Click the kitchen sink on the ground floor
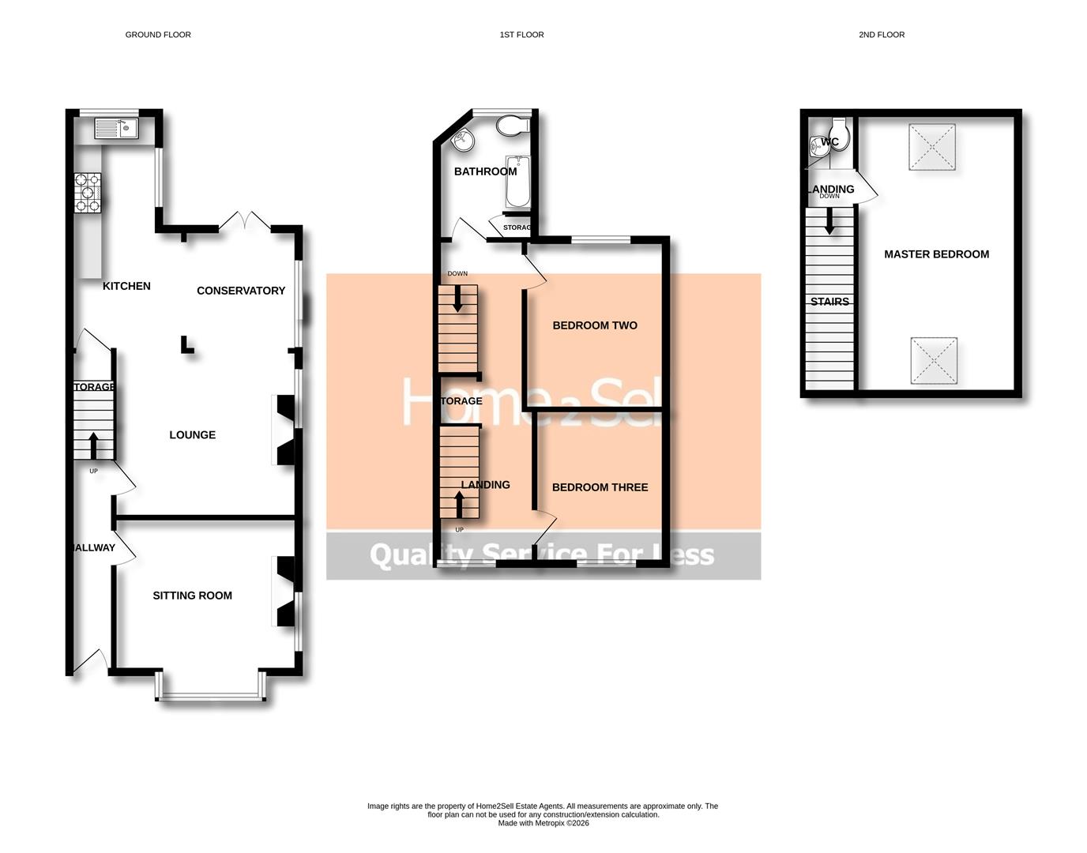pos(116,128)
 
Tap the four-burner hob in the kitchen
pos(88,193)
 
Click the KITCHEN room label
pos(126,286)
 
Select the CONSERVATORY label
pos(241,291)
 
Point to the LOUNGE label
pos(192,435)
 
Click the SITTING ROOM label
pos(192,596)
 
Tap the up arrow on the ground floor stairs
pos(93,445)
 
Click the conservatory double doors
pos(245,221)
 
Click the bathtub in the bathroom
pos(517,182)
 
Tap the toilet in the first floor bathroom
pos(513,126)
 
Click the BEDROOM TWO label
pos(594,325)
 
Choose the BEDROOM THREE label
pos(600,487)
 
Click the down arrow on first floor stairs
pos(457,299)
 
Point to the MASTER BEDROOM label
pos(936,254)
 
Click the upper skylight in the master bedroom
pos(932,147)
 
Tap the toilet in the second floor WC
pos(839,136)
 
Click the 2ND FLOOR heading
pos(882,35)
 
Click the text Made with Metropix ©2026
pos(543,823)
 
